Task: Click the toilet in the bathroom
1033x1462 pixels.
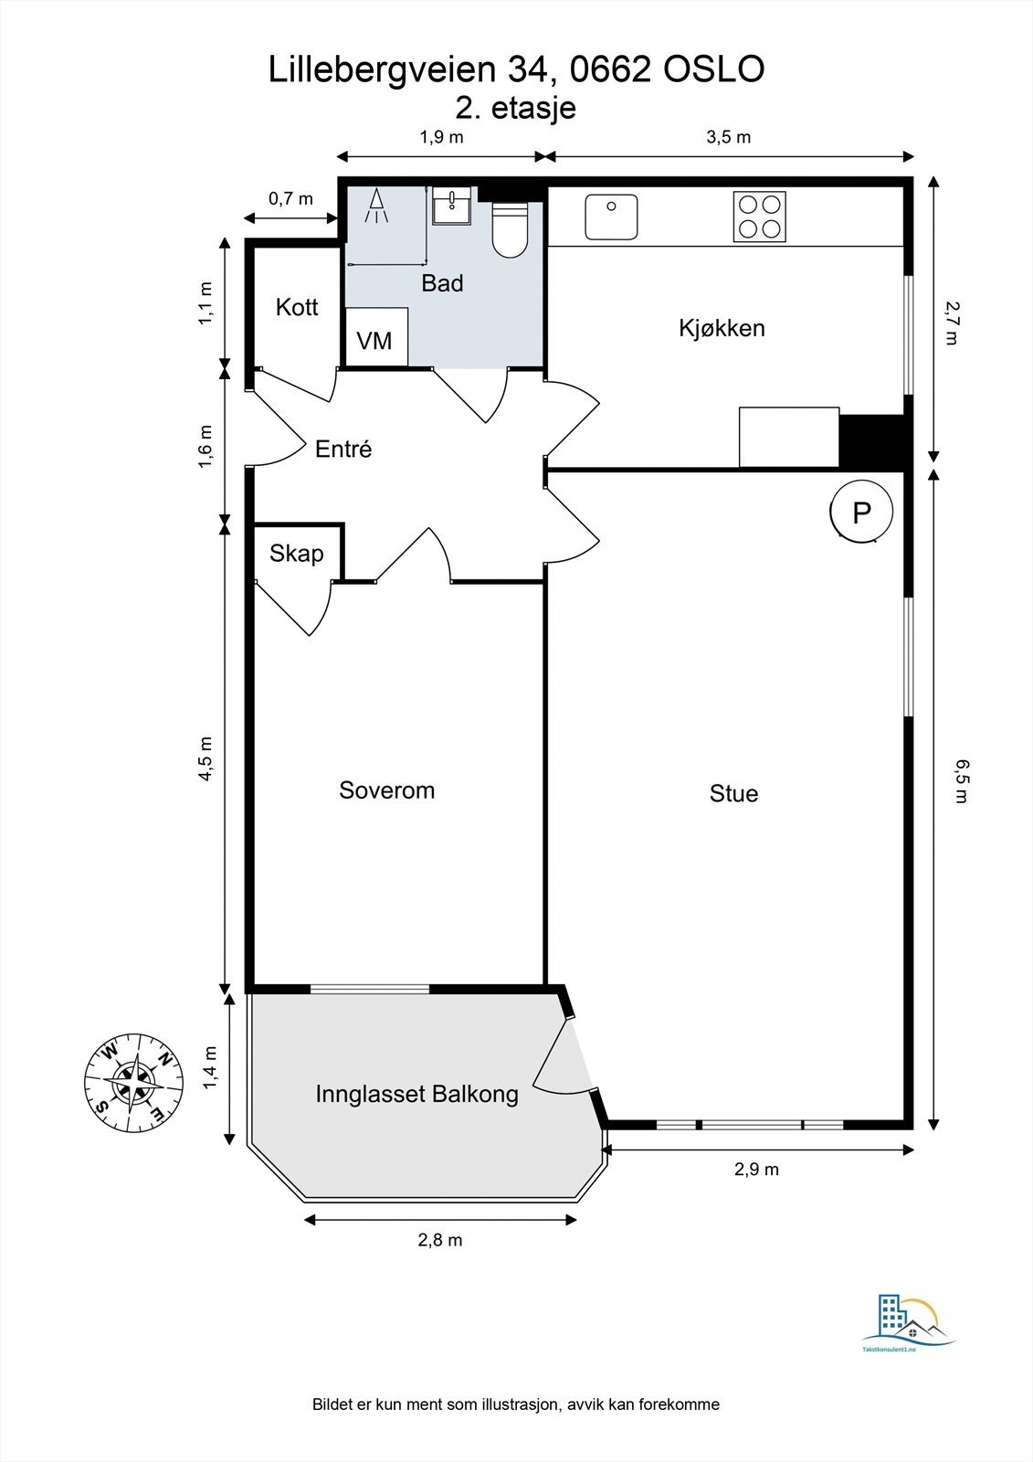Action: pos(509,229)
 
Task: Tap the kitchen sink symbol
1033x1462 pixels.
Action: pos(611,217)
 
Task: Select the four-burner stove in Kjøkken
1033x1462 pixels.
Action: pos(759,217)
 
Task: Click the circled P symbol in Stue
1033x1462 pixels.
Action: pos(861,513)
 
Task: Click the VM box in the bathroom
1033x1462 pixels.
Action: pos(376,337)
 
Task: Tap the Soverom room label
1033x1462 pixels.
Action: pos(386,790)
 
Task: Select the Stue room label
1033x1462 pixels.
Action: pos(733,794)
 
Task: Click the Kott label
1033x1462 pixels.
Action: pos(296,307)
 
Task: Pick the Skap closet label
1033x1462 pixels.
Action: pos(296,554)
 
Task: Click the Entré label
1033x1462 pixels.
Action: pos(343,449)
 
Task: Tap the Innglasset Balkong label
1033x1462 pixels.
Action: pos(417,1094)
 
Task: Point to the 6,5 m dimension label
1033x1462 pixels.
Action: pos(959,780)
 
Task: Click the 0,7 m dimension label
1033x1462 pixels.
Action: pos(290,198)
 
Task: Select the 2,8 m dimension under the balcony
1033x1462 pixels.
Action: pos(440,1239)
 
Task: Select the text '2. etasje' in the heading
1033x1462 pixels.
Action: pos(515,109)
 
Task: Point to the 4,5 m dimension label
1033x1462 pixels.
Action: pos(206,759)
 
